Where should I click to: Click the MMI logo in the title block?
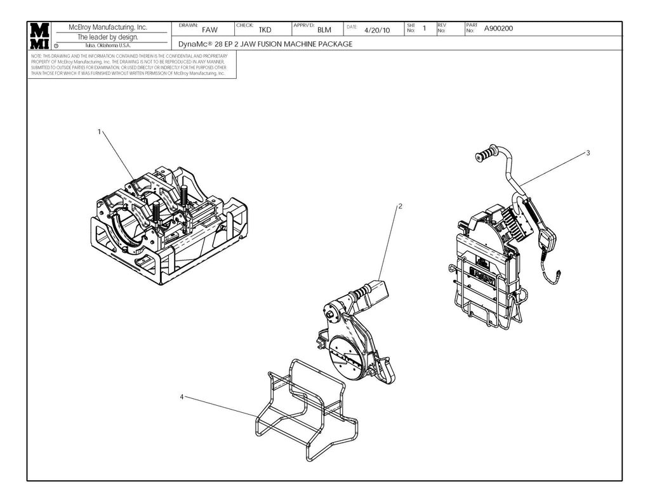click(41, 36)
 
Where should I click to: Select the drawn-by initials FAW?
click(209, 30)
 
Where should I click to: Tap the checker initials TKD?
click(265, 30)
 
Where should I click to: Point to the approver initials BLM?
click(324, 30)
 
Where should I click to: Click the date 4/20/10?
click(377, 30)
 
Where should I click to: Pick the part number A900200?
click(498, 28)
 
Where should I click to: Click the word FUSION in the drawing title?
click(275, 44)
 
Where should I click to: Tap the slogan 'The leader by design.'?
click(107, 37)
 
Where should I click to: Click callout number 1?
click(99, 131)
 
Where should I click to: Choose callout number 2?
click(401, 206)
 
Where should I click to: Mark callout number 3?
click(588, 153)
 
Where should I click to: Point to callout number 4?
click(182, 396)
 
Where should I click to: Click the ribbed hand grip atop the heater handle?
click(489, 154)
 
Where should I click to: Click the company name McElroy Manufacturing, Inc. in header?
click(107, 27)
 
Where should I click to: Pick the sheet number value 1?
click(423, 29)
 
